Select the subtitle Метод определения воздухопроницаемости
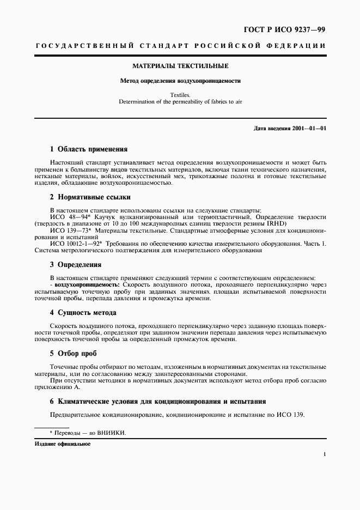pyautogui.click(x=180, y=81)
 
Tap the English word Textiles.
pyautogui.click(x=180, y=94)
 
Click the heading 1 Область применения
pyautogui.click(x=88, y=149)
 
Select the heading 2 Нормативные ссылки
pyautogui.click(x=90, y=197)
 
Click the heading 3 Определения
pyautogui.click(x=76, y=265)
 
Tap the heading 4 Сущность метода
pyautogui.click(x=83, y=313)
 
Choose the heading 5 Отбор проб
pyautogui.click(x=73, y=353)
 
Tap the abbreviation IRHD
pyautogui.click(x=259, y=223)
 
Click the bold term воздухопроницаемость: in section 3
pyautogui.click(x=87, y=285)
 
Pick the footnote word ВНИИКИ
pyautogui.click(x=112, y=433)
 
